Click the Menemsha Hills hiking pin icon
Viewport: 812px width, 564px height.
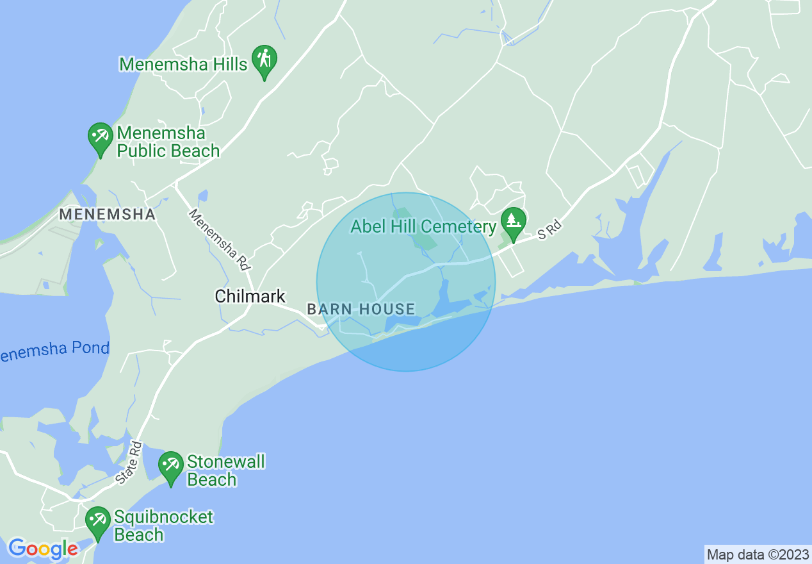coord(264,60)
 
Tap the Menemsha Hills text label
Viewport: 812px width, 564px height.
coord(183,64)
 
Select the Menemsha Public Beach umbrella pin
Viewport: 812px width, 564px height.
coord(100,137)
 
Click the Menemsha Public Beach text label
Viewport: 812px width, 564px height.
coord(168,142)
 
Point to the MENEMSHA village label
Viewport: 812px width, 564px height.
coord(108,215)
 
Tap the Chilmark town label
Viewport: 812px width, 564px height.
coord(250,296)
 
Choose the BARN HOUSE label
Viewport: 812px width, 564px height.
coord(361,309)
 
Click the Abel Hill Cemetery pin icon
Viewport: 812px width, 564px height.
coord(513,222)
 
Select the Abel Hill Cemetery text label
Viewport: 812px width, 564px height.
coord(423,227)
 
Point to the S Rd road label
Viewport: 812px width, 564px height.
coord(549,231)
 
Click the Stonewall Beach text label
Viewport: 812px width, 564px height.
coord(225,470)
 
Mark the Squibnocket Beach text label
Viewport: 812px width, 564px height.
coord(163,526)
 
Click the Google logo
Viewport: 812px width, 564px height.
coord(43,549)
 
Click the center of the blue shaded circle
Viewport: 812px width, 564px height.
coord(406,282)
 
